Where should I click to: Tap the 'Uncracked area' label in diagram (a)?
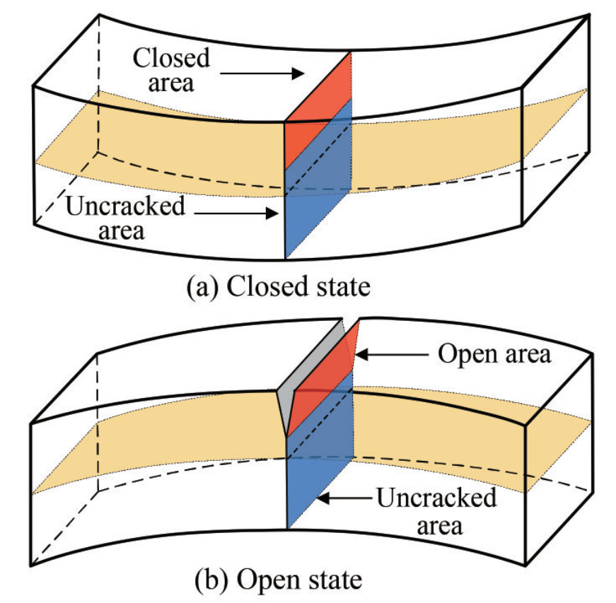click(125, 218)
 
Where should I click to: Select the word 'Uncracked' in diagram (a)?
click(125, 207)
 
